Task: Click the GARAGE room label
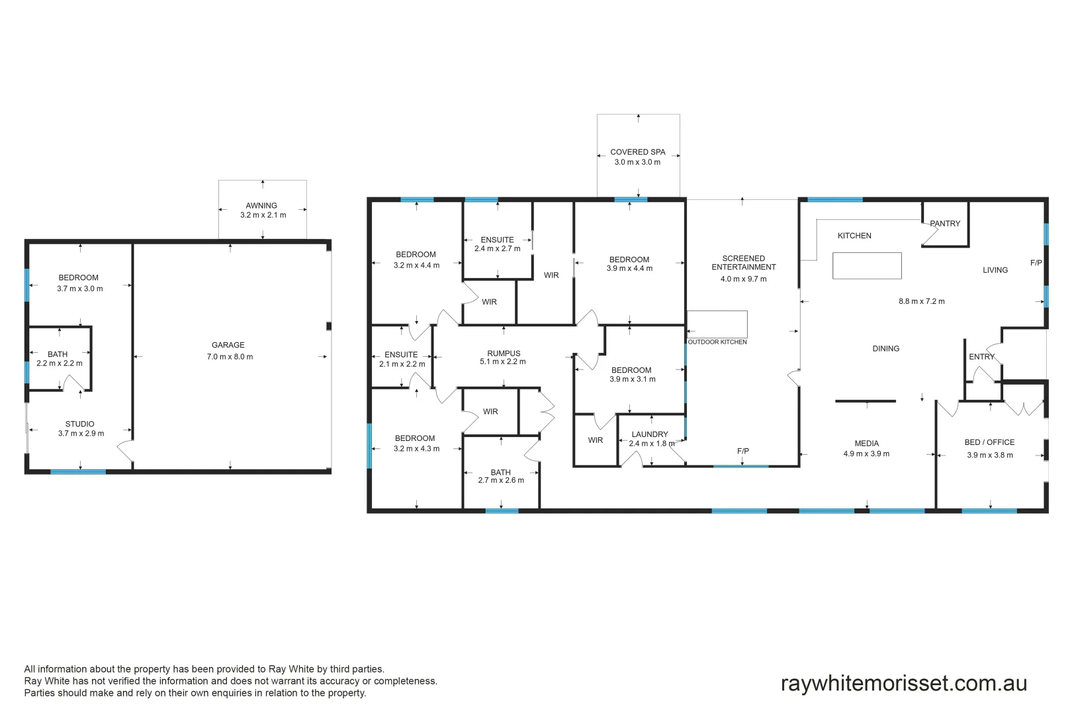click(228, 345)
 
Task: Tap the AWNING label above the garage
click(261, 205)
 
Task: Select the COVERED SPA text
click(637, 152)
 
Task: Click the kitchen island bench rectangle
click(867, 265)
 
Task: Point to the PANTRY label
click(945, 224)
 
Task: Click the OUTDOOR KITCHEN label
click(717, 342)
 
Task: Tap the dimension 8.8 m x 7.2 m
click(921, 301)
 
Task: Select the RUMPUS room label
click(504, 354)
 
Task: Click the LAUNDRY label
click(649, 434)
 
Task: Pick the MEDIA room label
click(866, 444)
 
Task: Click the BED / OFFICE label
click(989, 442)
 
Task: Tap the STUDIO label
click(79, 424)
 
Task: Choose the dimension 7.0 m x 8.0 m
click(230, 357)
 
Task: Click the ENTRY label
click(981, 357)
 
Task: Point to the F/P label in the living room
click(1036, 263)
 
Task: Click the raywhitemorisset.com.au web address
click(903, 683)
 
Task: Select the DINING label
click(885, 348)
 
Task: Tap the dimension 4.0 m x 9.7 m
click(743, 279)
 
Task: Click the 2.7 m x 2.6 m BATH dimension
click(501, 481)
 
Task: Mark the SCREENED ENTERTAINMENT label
click(743, 263)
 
